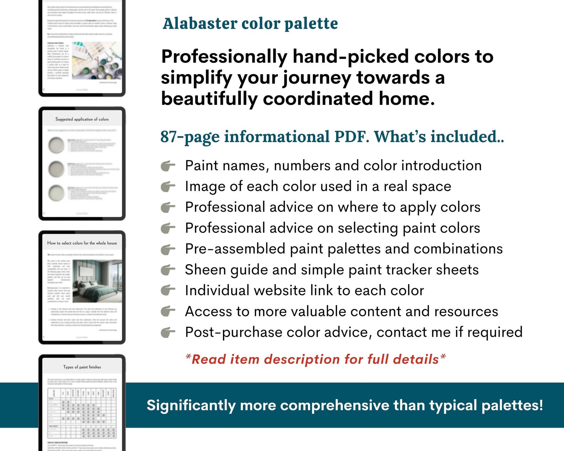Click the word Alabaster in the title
[200, 24]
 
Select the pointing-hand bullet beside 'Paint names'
[168, 166]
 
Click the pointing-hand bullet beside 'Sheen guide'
[168, 270]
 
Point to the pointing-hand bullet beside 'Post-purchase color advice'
[168, 333]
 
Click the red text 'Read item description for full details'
[315, 359]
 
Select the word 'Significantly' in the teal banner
[191, 405]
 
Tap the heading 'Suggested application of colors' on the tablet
[82, 119]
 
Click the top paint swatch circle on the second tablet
[56, 145]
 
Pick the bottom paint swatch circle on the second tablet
[56, 193]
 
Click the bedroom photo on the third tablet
[97, 281]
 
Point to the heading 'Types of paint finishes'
[82, 367]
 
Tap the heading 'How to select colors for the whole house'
[82, 243]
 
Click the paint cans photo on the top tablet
[97, 60]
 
